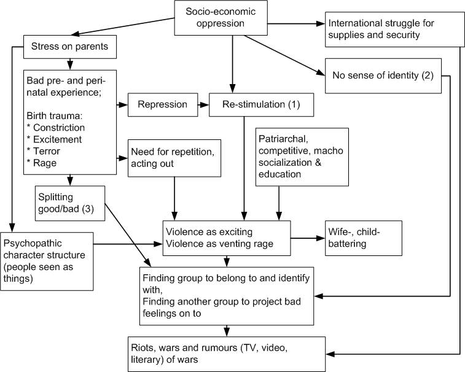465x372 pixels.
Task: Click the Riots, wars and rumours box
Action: click(x=225, y=352)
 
